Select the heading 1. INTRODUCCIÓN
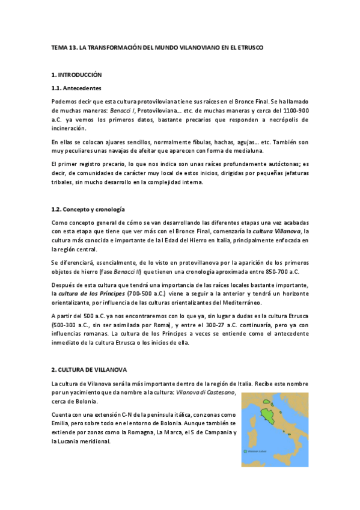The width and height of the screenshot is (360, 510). coord(77,75)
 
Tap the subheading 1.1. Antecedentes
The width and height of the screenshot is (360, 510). coord(76,88)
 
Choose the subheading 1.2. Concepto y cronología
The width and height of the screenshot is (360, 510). coord(88,209)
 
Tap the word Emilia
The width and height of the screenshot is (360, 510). coord(62,423)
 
